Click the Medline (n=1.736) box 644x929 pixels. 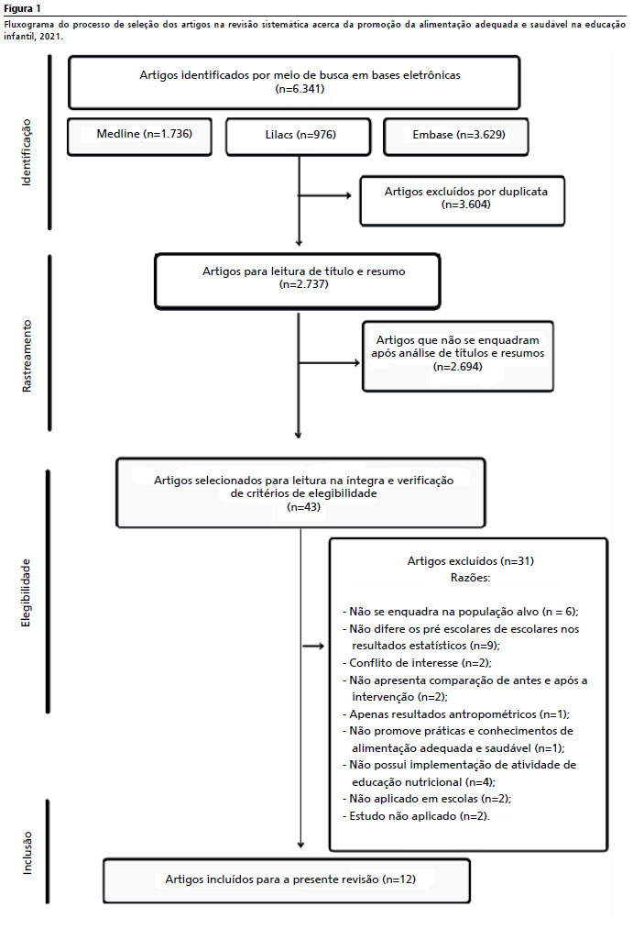139,137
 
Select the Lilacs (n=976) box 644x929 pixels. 299,137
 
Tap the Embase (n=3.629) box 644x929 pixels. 456,137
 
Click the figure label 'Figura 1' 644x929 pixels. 23,8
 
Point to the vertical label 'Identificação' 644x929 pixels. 26,152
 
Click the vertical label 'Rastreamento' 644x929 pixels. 27,356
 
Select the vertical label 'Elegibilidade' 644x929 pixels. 26,592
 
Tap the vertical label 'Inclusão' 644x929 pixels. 27,853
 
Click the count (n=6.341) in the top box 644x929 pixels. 300,89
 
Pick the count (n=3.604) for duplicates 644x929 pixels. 466,205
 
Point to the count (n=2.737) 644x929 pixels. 303,284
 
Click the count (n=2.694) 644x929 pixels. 457,367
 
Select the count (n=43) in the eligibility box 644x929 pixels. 303,507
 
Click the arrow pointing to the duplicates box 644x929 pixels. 325,195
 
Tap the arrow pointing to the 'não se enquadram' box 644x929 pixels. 329,362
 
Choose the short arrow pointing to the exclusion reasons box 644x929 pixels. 313,646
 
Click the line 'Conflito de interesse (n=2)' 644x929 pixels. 418,663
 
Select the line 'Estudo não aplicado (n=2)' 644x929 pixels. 416,816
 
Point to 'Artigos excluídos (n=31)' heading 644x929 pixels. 471,561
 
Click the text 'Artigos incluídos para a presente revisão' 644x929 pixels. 272,879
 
